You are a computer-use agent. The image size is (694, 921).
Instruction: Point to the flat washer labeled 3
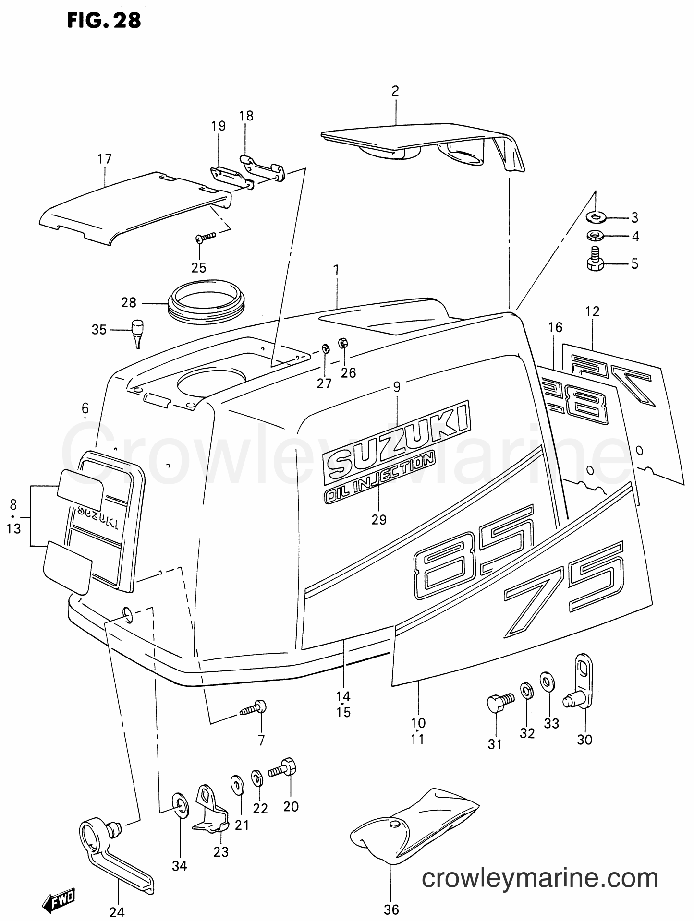tap(596, 218)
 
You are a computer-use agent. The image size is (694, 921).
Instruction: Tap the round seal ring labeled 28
tap(207, 300)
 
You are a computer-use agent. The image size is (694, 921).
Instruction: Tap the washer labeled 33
tap(547, 682)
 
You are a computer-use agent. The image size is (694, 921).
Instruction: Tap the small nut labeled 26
tap(343, 343)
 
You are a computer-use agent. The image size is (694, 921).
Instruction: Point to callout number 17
tap(104, 159)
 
